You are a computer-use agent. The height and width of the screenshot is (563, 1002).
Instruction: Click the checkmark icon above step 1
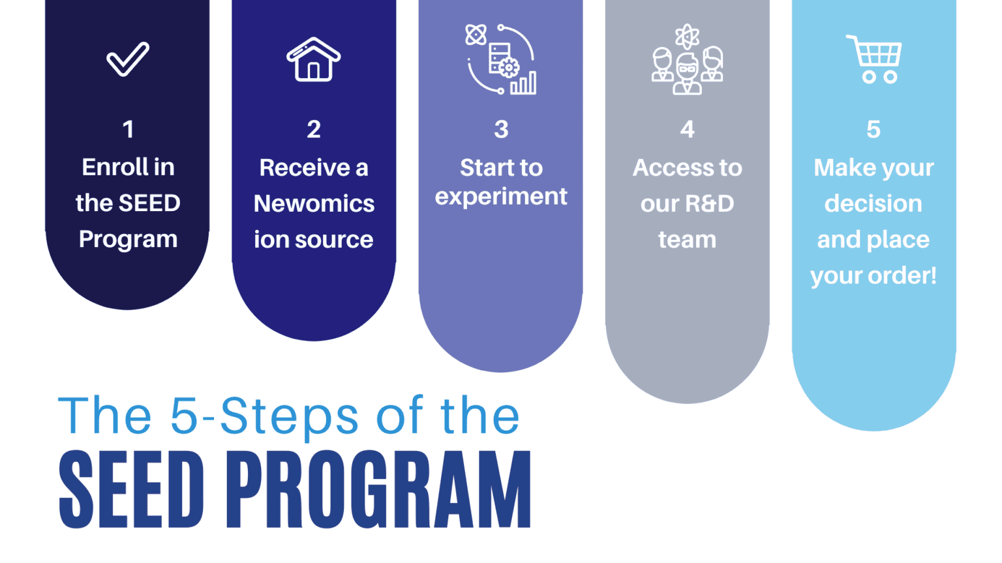128,59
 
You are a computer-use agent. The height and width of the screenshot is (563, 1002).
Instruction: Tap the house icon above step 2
314,60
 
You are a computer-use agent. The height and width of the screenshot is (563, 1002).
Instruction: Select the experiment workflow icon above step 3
501,60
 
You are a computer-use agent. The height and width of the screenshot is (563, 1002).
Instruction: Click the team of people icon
687,60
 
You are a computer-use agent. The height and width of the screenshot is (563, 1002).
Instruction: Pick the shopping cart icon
875,59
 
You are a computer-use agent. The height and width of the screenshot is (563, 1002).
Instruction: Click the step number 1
128,129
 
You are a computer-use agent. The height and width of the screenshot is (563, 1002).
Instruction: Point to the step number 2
314,129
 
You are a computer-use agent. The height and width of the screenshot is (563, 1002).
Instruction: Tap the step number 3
501,129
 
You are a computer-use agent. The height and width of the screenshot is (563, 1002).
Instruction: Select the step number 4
687,129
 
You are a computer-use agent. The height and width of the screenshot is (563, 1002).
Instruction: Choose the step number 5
873,129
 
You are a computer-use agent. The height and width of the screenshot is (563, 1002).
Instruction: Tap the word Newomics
314,204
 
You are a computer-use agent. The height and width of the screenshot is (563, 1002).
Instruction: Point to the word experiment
501,197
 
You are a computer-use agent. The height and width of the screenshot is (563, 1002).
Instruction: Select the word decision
873,204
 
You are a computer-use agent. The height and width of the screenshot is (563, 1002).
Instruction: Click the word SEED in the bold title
131,490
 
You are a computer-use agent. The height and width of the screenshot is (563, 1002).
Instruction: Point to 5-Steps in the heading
264,416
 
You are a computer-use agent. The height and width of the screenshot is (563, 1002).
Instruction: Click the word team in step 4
687,240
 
